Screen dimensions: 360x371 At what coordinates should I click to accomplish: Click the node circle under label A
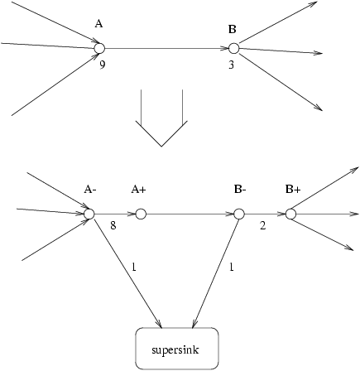[x=99, y=48]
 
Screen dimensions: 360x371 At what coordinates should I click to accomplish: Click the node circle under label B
[x=233, y=48]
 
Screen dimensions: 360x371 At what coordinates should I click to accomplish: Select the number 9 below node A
[x=103, y=65]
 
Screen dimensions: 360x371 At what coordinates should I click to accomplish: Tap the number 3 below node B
[x=231, y=65]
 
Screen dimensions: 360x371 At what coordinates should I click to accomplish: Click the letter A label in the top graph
[x=98, y=24]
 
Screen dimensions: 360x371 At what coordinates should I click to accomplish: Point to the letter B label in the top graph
[x=233, y=29]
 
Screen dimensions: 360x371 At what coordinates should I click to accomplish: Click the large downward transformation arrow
[x=161, y=128]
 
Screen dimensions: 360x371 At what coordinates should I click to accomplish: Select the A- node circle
[x=89, y=214]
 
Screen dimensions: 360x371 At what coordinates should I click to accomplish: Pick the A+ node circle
[x=141, y=214]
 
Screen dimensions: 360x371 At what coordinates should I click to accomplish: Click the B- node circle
[x=239, y=214]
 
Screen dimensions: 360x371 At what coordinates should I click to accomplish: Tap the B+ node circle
[x=290, y=214]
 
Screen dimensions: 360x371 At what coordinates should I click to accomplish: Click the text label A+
[x=138, y=190]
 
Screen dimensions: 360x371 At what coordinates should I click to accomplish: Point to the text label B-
[x=240, y=190]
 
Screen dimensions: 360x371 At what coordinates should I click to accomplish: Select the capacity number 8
[x=113, y=225]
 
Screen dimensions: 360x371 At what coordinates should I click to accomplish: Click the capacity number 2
[x=263, y=225]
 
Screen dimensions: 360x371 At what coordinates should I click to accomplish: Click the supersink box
[x=177, y=349]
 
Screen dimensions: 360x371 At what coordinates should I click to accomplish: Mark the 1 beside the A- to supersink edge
[x=134, y=267]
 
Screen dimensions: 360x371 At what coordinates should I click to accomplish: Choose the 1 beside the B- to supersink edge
[x=232, y=267]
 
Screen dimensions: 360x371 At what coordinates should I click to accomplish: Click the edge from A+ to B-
[x=190, y=214]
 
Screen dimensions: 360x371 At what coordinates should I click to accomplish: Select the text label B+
[x=293, y=190]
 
